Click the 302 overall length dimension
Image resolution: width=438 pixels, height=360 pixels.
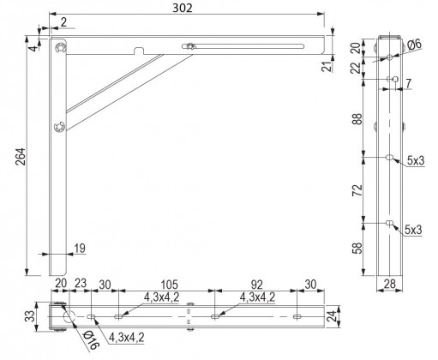183,9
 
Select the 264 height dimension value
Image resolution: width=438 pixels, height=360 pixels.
21,157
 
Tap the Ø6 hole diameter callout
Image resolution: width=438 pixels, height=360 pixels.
414,45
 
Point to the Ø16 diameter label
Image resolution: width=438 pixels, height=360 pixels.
91,340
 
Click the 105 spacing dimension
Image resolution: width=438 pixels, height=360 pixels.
169,285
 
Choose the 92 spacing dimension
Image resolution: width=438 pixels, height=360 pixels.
256,285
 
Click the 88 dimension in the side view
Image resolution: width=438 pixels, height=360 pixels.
357,118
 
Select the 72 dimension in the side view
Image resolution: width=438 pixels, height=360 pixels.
357,190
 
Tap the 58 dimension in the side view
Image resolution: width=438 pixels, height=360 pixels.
357,249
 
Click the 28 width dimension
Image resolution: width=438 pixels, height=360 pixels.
389,284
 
